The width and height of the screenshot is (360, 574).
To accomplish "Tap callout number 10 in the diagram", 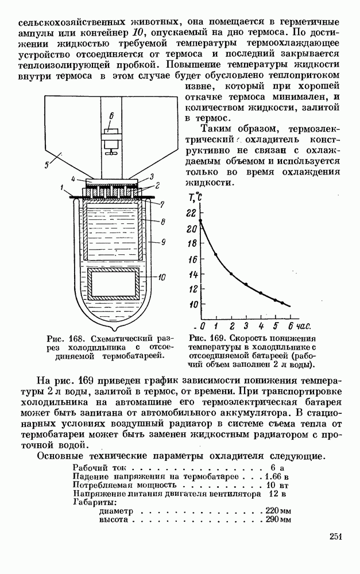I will [x=161, y=277].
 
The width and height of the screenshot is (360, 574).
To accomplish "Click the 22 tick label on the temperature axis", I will [x=191, y=212].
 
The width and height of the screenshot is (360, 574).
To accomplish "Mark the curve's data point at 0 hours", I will [x=200, y=220].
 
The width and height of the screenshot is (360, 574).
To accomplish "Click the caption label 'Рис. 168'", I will [x=56, y=338].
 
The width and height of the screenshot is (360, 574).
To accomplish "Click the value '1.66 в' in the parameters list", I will [x=277, y=476].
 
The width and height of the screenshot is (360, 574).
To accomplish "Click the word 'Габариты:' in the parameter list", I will [x=92, y=502].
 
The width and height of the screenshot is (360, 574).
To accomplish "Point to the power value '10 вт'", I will [x=278, y=484].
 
